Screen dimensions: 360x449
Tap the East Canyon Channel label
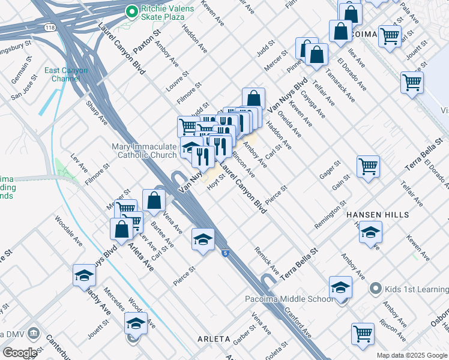pyautogui.click(x=65, y=74)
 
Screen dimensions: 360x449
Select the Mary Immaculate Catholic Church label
pyautogui.click(x=144, y=151)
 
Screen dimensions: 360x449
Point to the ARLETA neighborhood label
pyautogui.click(x=214, y=339)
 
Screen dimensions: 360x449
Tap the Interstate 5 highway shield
pyautogui.click(x=224, y=254)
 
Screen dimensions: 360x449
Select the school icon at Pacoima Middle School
pyautogui.click(x=340, y=287)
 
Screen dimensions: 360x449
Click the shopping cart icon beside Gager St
pyautogui.click(x=368, y=166)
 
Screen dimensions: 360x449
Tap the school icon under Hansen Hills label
pyautogui.click(x=370, y=232)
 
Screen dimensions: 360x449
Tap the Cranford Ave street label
pyautogui.click(x=298, y=322)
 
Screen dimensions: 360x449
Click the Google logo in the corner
pyautogui.click(x=20, y=353)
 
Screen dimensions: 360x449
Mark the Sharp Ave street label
pyautogui.click(x=96, y=112)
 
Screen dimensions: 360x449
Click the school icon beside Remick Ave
pyautogui.click(x=203, y=239)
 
